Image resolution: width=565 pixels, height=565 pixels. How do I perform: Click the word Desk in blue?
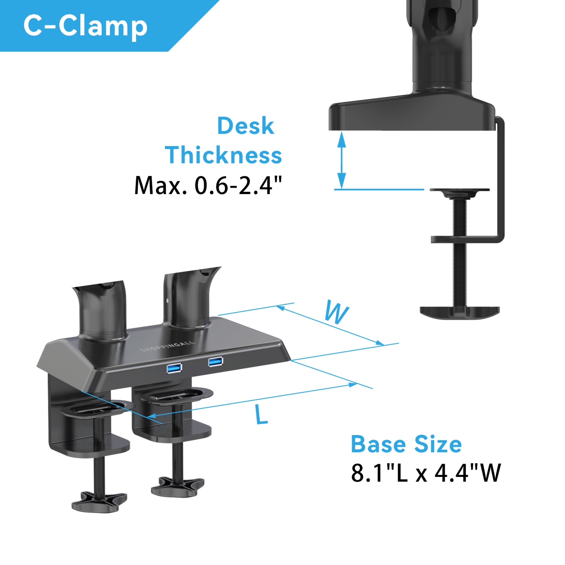pos(246,126)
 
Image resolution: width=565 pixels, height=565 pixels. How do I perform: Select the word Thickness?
pos(223,155)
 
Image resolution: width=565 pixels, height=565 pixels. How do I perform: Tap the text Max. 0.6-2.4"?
pos(208,185)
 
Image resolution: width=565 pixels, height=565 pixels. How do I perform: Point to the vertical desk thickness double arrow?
pos(341,160)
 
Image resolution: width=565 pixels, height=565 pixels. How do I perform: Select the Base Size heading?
pos(406,444)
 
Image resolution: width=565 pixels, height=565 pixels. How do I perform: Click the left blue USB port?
pos(174,368)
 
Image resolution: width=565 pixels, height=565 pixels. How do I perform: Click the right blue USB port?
pos(215,362)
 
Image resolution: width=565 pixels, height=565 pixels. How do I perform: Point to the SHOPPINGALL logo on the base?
pos(168,346)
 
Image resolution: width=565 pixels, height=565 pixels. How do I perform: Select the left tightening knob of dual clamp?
pos(99,501)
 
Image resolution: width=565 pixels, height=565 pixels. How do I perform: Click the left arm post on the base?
pos(101,311)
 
